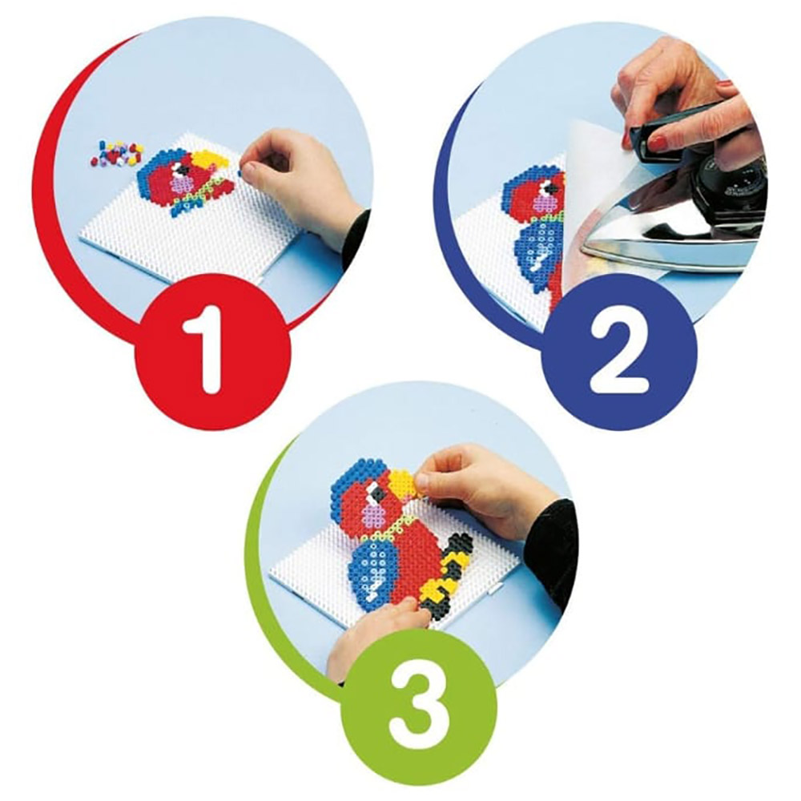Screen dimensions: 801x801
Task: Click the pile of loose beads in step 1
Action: coord(117,153)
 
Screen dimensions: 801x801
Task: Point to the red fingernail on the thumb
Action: coord(659,143)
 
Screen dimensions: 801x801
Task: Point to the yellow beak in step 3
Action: coord(404,483)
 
